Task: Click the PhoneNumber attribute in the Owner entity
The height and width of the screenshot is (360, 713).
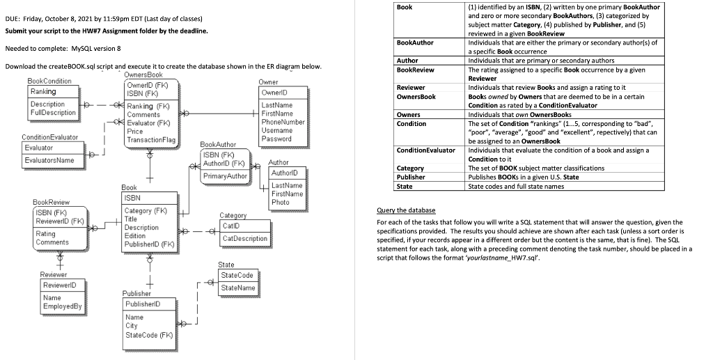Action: pos(283,122)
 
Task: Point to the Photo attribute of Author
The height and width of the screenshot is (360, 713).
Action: pos(281,203)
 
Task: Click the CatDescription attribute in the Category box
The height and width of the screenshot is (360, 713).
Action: pos(245,239)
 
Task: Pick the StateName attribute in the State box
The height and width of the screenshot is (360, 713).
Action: pos(237,288)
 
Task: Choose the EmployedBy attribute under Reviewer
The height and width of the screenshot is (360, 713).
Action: pos(62,307)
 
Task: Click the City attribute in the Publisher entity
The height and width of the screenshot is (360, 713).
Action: pos(132,326)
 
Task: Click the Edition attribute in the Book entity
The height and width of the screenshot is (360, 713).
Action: pos(135,236)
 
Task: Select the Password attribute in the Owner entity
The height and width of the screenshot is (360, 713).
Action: pos(276,139)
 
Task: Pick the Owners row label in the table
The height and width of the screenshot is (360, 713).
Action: pos(408,114)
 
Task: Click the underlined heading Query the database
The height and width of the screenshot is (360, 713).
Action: pos(406,210)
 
